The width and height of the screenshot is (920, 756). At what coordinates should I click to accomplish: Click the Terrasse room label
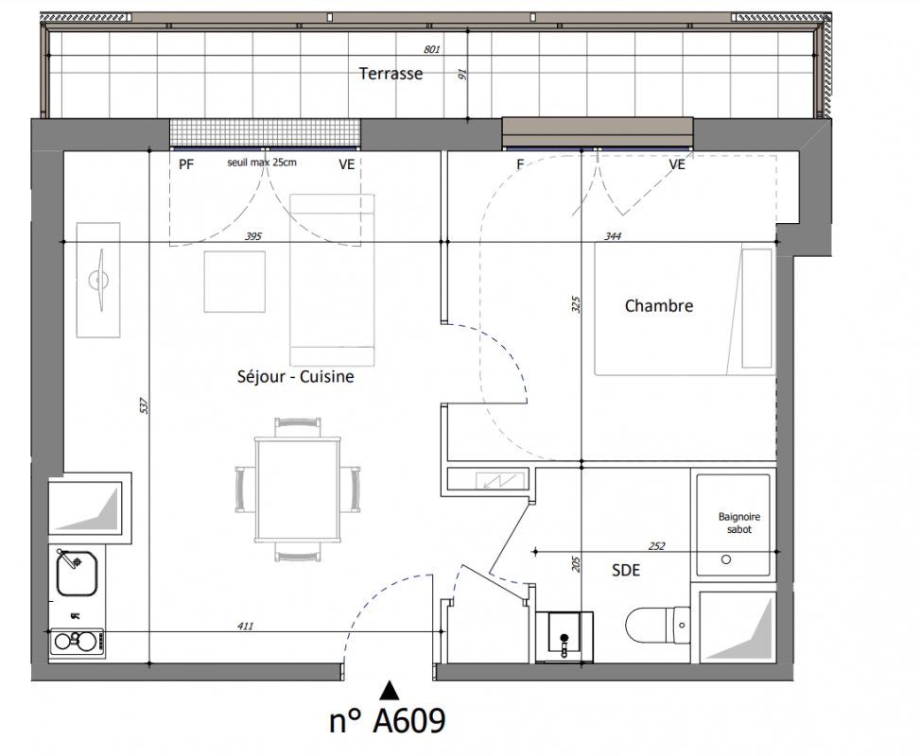pos(391,74)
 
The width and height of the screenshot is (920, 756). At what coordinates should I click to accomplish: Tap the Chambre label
pos(659,305)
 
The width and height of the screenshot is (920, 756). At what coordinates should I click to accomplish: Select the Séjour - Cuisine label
pos(296,376)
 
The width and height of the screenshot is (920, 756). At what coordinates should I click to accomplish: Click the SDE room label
pos(626,570)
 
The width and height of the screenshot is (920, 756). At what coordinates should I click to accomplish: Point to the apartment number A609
pos(388,720)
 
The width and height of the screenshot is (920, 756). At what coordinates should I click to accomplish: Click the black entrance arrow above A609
pos(389,690)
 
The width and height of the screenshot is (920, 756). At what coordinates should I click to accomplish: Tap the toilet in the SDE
pos(658,626)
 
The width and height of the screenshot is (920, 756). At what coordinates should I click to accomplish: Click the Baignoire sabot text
pos(739,524)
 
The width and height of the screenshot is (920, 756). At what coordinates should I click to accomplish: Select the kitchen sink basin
pos(77,573)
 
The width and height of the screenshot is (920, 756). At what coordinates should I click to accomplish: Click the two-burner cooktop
pos(77,642)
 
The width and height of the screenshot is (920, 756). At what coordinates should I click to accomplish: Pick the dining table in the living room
pos(298,490)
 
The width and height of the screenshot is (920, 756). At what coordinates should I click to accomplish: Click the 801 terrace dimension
pos(432,50)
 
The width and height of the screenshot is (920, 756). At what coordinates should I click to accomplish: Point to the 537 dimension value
pos(144,405)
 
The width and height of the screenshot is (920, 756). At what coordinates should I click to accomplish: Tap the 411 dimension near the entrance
pos(245,626)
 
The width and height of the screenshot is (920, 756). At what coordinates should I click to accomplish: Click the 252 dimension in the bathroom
pos(656,546)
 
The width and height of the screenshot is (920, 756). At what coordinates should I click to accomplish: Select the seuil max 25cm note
pos(262,163)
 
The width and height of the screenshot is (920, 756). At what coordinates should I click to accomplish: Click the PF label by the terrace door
pos(186,164)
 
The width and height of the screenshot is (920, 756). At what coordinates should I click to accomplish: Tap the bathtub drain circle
pos(726,559)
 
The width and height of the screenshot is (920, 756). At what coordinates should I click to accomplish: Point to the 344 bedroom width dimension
pos(613,236)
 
